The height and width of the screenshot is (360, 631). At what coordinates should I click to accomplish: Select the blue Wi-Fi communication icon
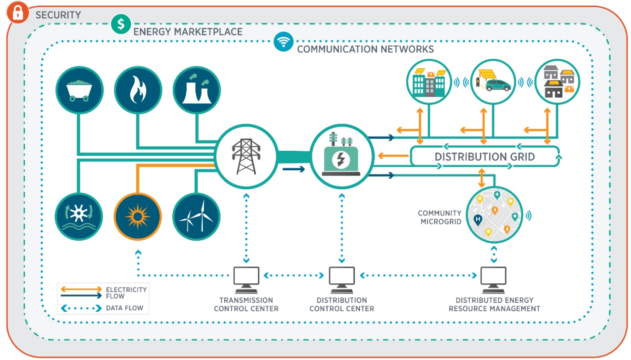coord(284,41)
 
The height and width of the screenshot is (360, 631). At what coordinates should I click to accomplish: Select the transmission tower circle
coord(245,156)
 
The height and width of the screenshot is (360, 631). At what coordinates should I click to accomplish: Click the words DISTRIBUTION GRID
coord(484,157)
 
